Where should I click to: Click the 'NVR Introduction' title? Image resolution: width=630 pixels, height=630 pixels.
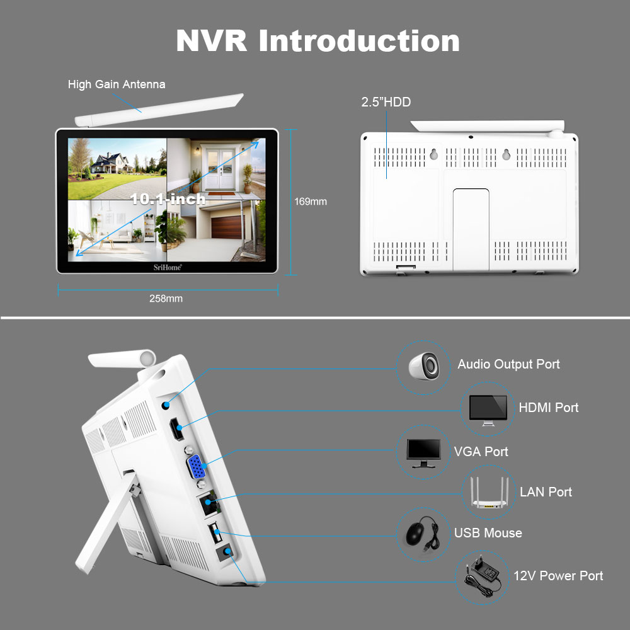(318, 40)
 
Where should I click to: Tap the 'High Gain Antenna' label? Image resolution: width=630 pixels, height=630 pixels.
(117, 84)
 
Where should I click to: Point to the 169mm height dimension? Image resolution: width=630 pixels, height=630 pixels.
(311, 202)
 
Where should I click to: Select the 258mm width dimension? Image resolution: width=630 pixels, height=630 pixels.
(166, 299)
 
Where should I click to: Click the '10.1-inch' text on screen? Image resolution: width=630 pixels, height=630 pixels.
(168, 199)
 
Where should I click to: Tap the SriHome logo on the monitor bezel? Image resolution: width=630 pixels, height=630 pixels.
(168, 267)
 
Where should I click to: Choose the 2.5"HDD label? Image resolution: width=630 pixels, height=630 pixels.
(386, 102)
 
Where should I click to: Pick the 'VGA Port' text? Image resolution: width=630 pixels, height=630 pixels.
(481, 452)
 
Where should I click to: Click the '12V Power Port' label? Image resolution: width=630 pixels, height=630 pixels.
(558, 576)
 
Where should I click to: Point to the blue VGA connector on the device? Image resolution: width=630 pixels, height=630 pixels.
(195, 468)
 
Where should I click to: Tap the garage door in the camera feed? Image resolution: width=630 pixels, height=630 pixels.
(226, 226)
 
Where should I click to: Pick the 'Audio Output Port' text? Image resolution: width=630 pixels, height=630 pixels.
(508, 364)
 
